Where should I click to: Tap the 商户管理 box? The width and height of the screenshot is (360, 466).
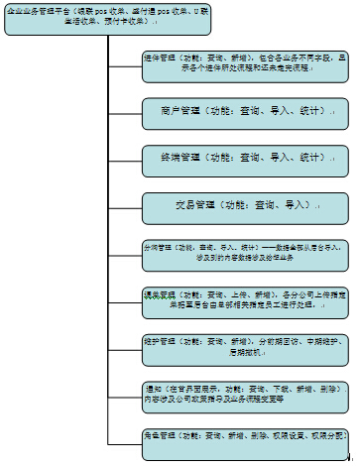click(x=244, y=113)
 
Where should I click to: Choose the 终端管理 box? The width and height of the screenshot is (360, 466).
click(x=244, y=158)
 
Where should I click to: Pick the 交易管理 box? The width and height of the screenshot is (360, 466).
click(x=244, y=204)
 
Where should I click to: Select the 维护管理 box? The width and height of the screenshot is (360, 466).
click(x=244, y=346)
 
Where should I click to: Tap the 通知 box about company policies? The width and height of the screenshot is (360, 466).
click(x=244, y=394)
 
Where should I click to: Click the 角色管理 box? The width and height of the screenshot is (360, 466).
click(x=244, y=435)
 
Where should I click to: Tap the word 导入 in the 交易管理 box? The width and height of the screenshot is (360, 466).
click(x=297, y=204)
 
